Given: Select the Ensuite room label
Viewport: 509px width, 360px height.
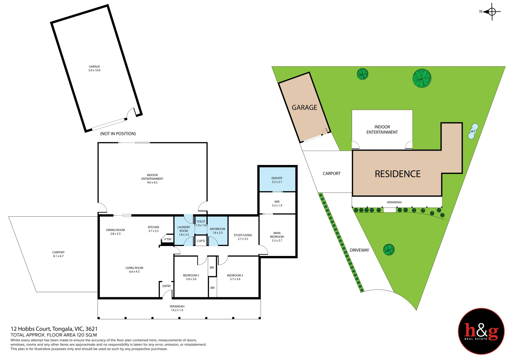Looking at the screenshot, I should (x=277, y=178).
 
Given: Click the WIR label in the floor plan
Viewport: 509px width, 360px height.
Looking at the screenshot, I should (x=277, y=202).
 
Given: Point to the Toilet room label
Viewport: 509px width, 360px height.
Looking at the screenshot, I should (x=201, y=222).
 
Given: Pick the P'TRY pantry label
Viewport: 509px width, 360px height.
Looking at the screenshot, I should (x=168, y=239).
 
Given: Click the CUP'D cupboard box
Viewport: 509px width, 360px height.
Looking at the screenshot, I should (x=201, y=241).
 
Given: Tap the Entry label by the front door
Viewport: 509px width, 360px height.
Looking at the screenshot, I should (x=167, y=286).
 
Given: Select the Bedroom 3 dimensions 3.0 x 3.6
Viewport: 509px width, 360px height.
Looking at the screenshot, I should (x=191, y=279).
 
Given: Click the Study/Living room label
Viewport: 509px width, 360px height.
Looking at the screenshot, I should (x=243, y=235).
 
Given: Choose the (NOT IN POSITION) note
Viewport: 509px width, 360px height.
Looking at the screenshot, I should (x=118, y=134).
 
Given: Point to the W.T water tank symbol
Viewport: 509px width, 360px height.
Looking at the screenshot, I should (x=473, y=131).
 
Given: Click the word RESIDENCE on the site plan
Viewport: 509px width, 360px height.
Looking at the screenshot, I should (x=398, y=174).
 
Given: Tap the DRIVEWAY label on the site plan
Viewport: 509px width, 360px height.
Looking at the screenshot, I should (x=359, y=250).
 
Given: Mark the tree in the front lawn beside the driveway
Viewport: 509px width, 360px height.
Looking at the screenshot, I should (x=389, y=250).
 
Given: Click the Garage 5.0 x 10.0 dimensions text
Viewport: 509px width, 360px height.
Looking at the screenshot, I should (x=94, y=70).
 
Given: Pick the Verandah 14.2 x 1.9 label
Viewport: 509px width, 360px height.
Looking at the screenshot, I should (x=177, y=308).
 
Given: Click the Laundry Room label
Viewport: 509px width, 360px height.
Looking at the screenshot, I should (x=184, y=229).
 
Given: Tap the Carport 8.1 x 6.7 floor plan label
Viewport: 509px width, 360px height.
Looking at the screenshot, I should (x=58, y=254).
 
